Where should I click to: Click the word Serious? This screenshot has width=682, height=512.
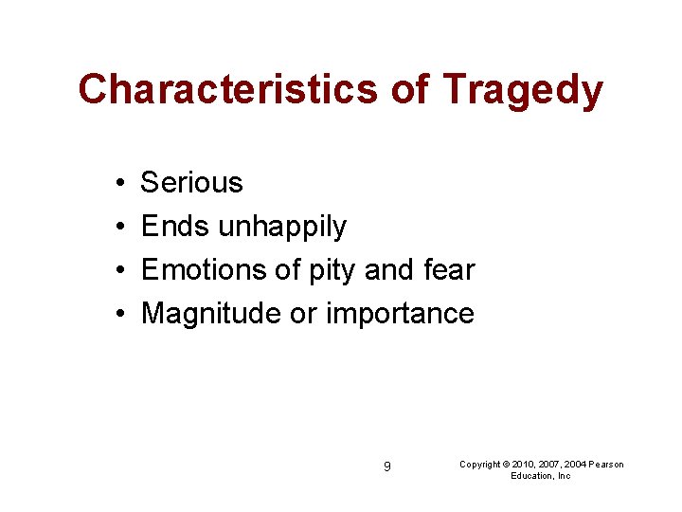tap(192, 183)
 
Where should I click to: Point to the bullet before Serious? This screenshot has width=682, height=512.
tap(113, 183)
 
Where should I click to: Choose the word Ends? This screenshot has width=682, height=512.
tap(175, 227)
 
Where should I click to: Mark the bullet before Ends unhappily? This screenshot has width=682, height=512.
tap(113, 227)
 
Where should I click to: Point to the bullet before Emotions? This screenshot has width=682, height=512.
tap(113, 270)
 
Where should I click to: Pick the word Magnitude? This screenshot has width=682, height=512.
tap(211, 314)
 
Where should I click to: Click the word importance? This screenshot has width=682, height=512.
tap(400, 314)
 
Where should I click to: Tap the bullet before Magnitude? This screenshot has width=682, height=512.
tap(113, 314)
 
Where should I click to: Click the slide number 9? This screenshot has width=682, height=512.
tap(387, 466)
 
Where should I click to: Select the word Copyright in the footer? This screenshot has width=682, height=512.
tap(480, 464)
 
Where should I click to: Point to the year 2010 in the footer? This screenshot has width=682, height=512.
tap(524, 464)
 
